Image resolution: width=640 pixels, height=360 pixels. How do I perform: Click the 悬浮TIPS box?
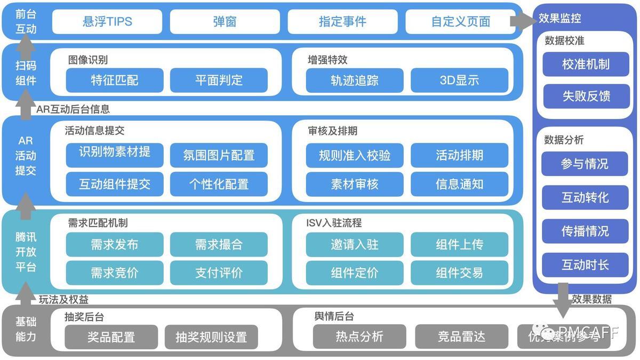(x=107, y=22)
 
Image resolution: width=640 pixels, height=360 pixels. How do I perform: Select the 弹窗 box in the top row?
(x=225, y=22)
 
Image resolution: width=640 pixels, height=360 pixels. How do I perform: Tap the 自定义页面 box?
(x=460, y=22)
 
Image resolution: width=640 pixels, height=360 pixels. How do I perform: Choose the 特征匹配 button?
(x=115, y=80)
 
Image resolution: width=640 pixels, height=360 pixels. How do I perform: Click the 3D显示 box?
(x=459, y=80)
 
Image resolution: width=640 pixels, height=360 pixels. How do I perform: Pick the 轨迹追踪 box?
(x=355, y=80)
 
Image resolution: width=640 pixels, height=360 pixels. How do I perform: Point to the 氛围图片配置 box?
(x=219, y=155)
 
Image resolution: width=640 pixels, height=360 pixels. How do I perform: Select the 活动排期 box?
(x=459, y=155)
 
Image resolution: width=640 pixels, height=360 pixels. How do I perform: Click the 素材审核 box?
(x=355, y=184)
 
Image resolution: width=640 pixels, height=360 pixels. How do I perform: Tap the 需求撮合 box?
(x=219, y=244)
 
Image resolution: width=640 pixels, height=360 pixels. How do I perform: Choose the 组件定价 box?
(x=355, y=273)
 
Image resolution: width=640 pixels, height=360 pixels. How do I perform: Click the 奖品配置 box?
(x=111, y=337)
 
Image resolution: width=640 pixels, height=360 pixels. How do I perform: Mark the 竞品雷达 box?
(x=462, y=337)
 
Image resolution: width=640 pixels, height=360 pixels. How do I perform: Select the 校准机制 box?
(x=586, y=65)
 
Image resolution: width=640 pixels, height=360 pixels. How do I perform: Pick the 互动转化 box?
(x=585, y=197)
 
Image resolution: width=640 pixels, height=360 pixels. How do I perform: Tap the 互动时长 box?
(x=585, y=265)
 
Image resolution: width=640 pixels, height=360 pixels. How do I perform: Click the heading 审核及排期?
(x=333, y=130)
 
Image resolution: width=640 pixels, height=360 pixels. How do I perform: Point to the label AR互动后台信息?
(x=73, y=109)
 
